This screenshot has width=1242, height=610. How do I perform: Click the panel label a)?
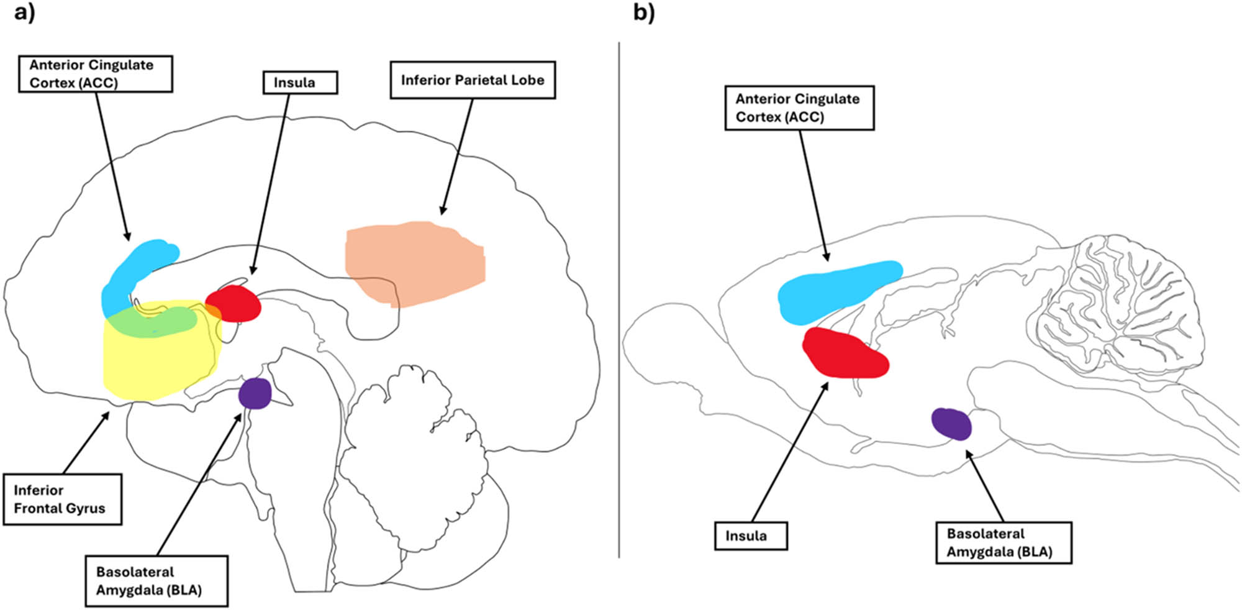pos(24,12)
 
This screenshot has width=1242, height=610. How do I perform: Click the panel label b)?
pos(644,12)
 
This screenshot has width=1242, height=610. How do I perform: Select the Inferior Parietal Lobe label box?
pos(472,80)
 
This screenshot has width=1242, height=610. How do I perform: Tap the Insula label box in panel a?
pos(300,83)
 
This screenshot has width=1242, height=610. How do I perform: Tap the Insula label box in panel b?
pos(750,535)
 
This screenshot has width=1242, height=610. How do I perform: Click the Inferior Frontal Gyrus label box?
pos(62,499)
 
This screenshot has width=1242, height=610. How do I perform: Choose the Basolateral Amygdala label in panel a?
pos(156,581)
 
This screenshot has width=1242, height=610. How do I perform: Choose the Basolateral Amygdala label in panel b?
pos(1003,542)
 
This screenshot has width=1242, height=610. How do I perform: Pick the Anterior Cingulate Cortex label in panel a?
pos(95,74)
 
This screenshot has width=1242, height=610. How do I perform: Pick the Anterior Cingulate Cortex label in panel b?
pos(799,108)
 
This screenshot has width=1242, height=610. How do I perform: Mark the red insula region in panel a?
pos(235,304)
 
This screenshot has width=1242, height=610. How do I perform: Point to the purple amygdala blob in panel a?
pos(255,393)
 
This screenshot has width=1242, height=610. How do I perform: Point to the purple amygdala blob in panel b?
pos(951,424)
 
